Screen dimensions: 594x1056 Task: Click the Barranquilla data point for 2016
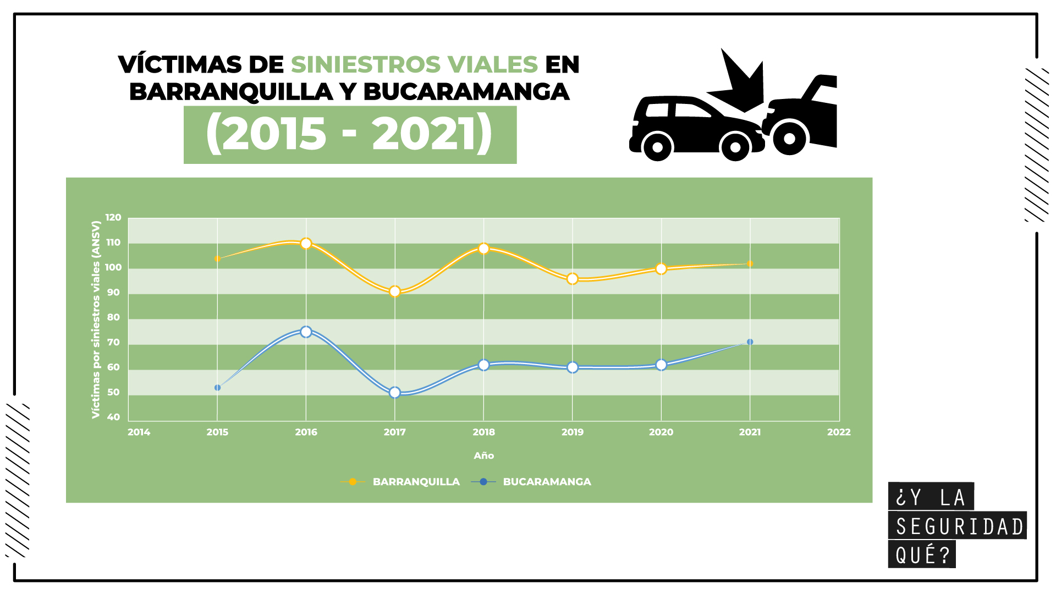(306, 244)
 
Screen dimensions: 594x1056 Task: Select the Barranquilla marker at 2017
(395, 291)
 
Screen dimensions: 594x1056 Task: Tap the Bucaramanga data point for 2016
(306, 332)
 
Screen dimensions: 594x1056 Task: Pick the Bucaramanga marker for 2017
(395, 393)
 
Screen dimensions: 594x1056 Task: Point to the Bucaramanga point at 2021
(750, 342)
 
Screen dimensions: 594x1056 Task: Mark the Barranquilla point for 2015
(217, 258)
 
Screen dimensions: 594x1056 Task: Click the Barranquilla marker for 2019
(573, 279)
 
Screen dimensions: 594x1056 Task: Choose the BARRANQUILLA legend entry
(416, 482)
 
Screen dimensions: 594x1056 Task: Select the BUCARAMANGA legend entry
(547, 482)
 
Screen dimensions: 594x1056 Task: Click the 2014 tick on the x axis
(139, 432)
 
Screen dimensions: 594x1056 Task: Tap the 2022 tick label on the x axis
(839, 432)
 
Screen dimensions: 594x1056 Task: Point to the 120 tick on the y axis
(113, 218)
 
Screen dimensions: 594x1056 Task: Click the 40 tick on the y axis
(113, 417)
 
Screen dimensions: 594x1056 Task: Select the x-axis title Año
(484, 455)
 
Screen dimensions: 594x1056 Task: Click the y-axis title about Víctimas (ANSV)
(96, 319)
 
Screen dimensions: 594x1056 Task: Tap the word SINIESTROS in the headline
(365, 64)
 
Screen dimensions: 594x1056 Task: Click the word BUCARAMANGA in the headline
(466, 92)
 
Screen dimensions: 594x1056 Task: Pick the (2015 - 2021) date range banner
(350, 135)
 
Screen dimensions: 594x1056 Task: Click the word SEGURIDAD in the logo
(959, 526)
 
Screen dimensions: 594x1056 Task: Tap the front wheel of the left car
(735, 147)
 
